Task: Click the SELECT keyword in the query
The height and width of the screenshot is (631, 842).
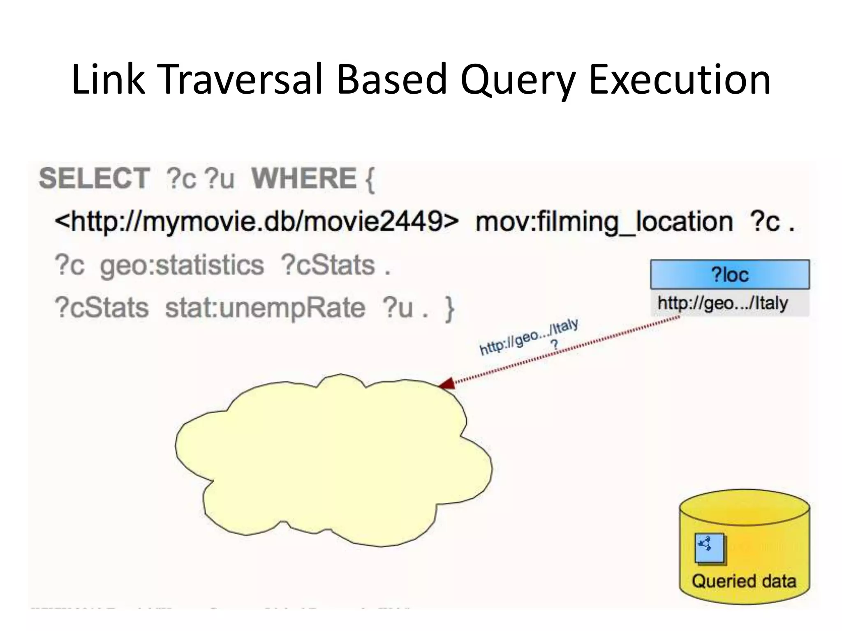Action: [94, 179]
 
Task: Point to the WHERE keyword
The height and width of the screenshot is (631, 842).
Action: [304, 179]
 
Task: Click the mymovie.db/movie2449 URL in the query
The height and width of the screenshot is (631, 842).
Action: [257, 222]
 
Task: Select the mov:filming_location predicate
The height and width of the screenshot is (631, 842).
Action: [604, 222]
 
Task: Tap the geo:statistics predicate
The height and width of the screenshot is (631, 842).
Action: [182, 265]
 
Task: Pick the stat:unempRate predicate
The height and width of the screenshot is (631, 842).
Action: [265, 308]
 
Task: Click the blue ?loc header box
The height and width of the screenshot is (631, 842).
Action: [729, 274]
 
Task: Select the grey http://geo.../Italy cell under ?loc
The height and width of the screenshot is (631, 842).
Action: [729, 304]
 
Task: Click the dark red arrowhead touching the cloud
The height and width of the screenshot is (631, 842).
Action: [447, 384]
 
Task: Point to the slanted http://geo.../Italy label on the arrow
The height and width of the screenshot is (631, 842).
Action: [529, 337]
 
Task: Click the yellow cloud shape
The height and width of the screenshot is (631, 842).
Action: [333, 460]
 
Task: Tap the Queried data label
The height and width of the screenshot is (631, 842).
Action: [744, 581]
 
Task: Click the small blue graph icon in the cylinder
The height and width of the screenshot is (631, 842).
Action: [709, 547]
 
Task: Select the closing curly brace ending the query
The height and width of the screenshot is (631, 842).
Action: [449, 309]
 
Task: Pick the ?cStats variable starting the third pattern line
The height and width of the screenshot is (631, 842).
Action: [101, 308]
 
